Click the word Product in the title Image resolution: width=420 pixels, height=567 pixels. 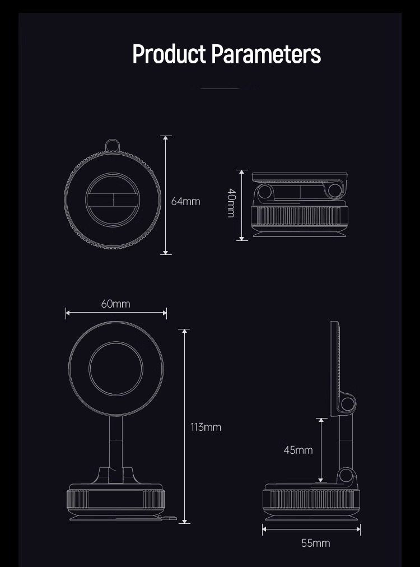169,54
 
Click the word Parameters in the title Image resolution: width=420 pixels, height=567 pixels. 266,54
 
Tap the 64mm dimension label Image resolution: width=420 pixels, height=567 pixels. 185,201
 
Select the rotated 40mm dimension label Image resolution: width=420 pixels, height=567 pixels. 231,203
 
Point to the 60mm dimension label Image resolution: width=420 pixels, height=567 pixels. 116,304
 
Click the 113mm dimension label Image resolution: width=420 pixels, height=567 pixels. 206,427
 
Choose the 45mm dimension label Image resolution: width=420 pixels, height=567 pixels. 298,450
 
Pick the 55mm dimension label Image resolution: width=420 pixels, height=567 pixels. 315,543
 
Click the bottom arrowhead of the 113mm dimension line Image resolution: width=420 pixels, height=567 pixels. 184,521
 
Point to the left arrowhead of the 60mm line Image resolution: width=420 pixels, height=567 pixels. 68,313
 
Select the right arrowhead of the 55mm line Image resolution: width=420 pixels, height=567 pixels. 358,529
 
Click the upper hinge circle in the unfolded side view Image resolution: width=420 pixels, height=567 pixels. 348,403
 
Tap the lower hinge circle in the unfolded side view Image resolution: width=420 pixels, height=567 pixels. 346,475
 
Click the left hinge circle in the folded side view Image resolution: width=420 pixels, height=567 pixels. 265,191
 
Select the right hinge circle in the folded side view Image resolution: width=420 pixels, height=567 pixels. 335,191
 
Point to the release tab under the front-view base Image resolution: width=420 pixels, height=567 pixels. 168,518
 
